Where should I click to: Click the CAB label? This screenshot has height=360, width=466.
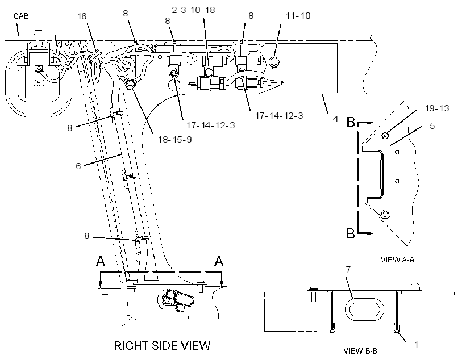[x=21, y=16]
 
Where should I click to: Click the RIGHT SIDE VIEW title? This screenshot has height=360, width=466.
[x=163, y=345]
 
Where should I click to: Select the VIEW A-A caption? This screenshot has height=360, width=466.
[x=397, y=260]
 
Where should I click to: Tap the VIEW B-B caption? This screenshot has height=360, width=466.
[x=360, y=351]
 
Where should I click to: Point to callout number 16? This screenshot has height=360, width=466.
[x=82, y=16]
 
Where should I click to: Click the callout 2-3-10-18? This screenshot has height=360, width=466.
[x=193, y=10]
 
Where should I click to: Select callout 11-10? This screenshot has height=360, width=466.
[x=298, y=16]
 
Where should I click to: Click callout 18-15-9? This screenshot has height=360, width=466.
[x=175, y=139]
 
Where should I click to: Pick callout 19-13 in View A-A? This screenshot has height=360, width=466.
[x=437, y=108]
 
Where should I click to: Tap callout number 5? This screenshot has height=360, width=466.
[x=432, y=126]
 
